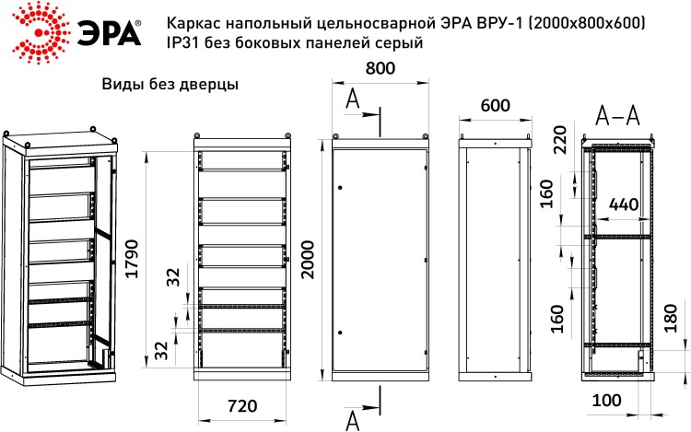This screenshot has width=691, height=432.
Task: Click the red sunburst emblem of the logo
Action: [x=41, y=32]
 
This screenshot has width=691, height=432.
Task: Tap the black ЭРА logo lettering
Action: [x=110, y=32]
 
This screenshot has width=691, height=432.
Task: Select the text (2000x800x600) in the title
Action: [x=588, y=22]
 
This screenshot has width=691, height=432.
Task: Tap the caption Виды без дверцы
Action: [x=170, y=84]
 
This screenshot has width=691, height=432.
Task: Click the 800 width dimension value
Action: [x=381, y=68]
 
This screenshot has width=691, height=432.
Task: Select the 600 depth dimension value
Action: [x=495, y=105]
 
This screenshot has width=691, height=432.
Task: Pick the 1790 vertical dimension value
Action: [x=132, y=259]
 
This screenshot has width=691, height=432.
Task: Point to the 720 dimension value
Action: [x=242, y=405]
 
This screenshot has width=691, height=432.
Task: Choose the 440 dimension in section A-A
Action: [x=624, y=204]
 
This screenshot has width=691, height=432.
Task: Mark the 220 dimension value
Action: [x=559, y=140]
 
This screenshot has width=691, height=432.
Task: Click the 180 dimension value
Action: [x=670, y=319]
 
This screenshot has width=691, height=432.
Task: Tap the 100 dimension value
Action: [x=606, y=401]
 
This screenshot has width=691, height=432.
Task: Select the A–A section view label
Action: [x=617, y=116]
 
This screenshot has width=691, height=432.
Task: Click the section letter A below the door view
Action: [x=353, y=421]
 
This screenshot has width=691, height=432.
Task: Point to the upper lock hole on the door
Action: [x=340, y=188]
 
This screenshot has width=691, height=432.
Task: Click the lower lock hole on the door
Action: [x=340, y=333]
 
